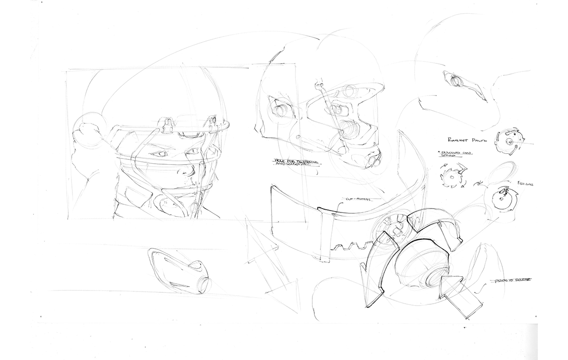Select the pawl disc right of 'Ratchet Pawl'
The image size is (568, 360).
pos(509,140)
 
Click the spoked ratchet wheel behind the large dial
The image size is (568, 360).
pos(390,227)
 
